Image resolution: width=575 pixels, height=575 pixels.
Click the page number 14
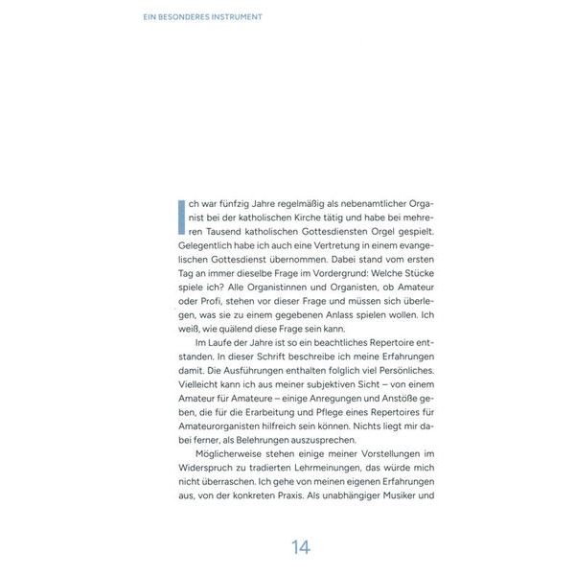[301, 547]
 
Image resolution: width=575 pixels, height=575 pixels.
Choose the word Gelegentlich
[208, 247]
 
